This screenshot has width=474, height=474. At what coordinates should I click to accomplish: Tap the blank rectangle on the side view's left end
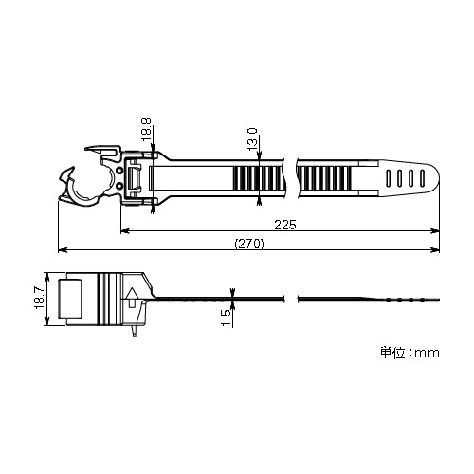click(72, 298)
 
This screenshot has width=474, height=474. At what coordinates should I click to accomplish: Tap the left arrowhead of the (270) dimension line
click(63, 251)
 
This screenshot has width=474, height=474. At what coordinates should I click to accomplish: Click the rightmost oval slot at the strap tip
click(416, 176)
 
